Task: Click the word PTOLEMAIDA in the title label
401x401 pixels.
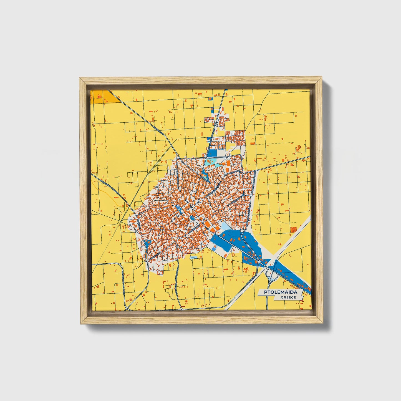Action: tap(280, 292)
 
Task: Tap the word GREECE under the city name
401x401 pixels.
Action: tap(288, 297)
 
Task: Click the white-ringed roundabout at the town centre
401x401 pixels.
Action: tap(200, 200)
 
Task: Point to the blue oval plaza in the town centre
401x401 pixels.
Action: tap(192, 218)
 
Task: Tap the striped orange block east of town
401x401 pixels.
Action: tap(293, 229)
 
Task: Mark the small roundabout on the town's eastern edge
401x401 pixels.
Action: tap(243, 195)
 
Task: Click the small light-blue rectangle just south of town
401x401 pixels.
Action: tap(193, 257)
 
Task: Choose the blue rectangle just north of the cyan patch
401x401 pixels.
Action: tap(212, 153)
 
